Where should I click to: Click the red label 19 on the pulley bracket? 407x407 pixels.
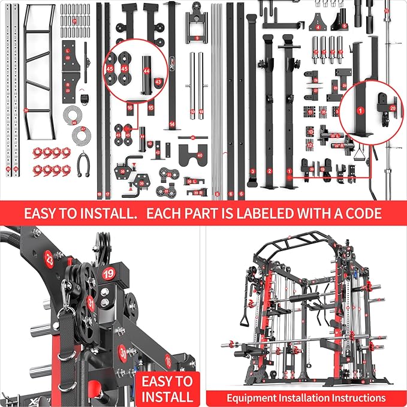pos(108,274)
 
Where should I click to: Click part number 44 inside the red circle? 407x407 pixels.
pos(146,71)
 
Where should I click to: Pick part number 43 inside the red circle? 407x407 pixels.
pos(158,82)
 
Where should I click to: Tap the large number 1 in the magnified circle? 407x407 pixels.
pos(360,110)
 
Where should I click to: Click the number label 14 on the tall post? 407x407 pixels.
pos(173,124)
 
